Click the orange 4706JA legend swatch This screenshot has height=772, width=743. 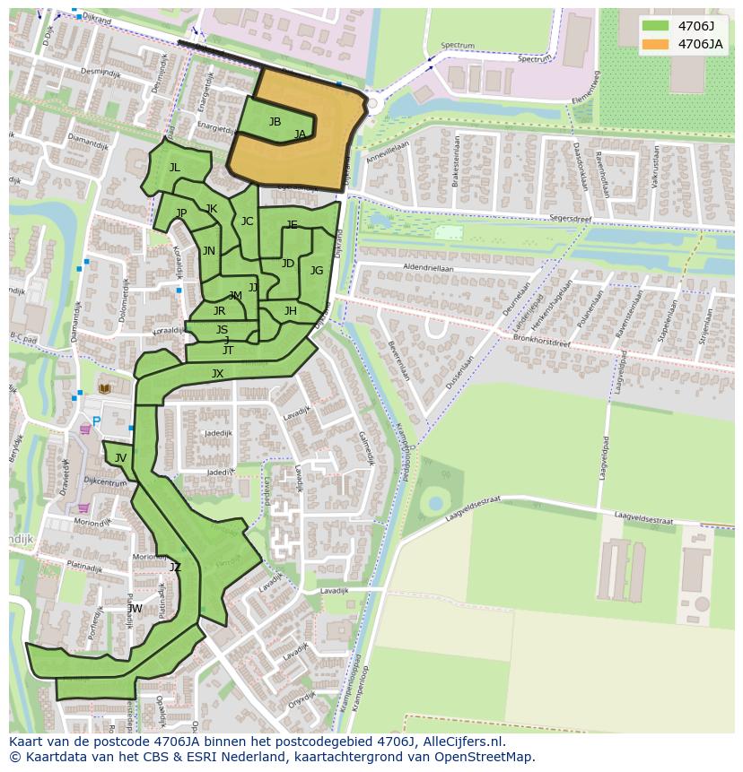[656, 44]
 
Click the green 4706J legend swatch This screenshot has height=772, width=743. [656, 26]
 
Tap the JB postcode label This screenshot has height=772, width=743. [275, 122]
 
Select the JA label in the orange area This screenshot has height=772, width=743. [300, 134]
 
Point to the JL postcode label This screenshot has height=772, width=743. [174, 168]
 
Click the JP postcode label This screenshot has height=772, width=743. [181, 213]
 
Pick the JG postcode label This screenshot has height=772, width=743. [317, 271]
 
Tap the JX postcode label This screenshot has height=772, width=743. [217, 374]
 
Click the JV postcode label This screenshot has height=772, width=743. [120, 458]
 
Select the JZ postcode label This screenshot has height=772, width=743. [175, 568]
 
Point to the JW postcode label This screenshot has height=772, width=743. [135, 609]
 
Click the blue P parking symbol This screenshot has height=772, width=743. [97, 421]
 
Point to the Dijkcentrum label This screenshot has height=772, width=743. [105, 482]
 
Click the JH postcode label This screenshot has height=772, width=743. [290, 311]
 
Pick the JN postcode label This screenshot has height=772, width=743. [208, 252]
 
